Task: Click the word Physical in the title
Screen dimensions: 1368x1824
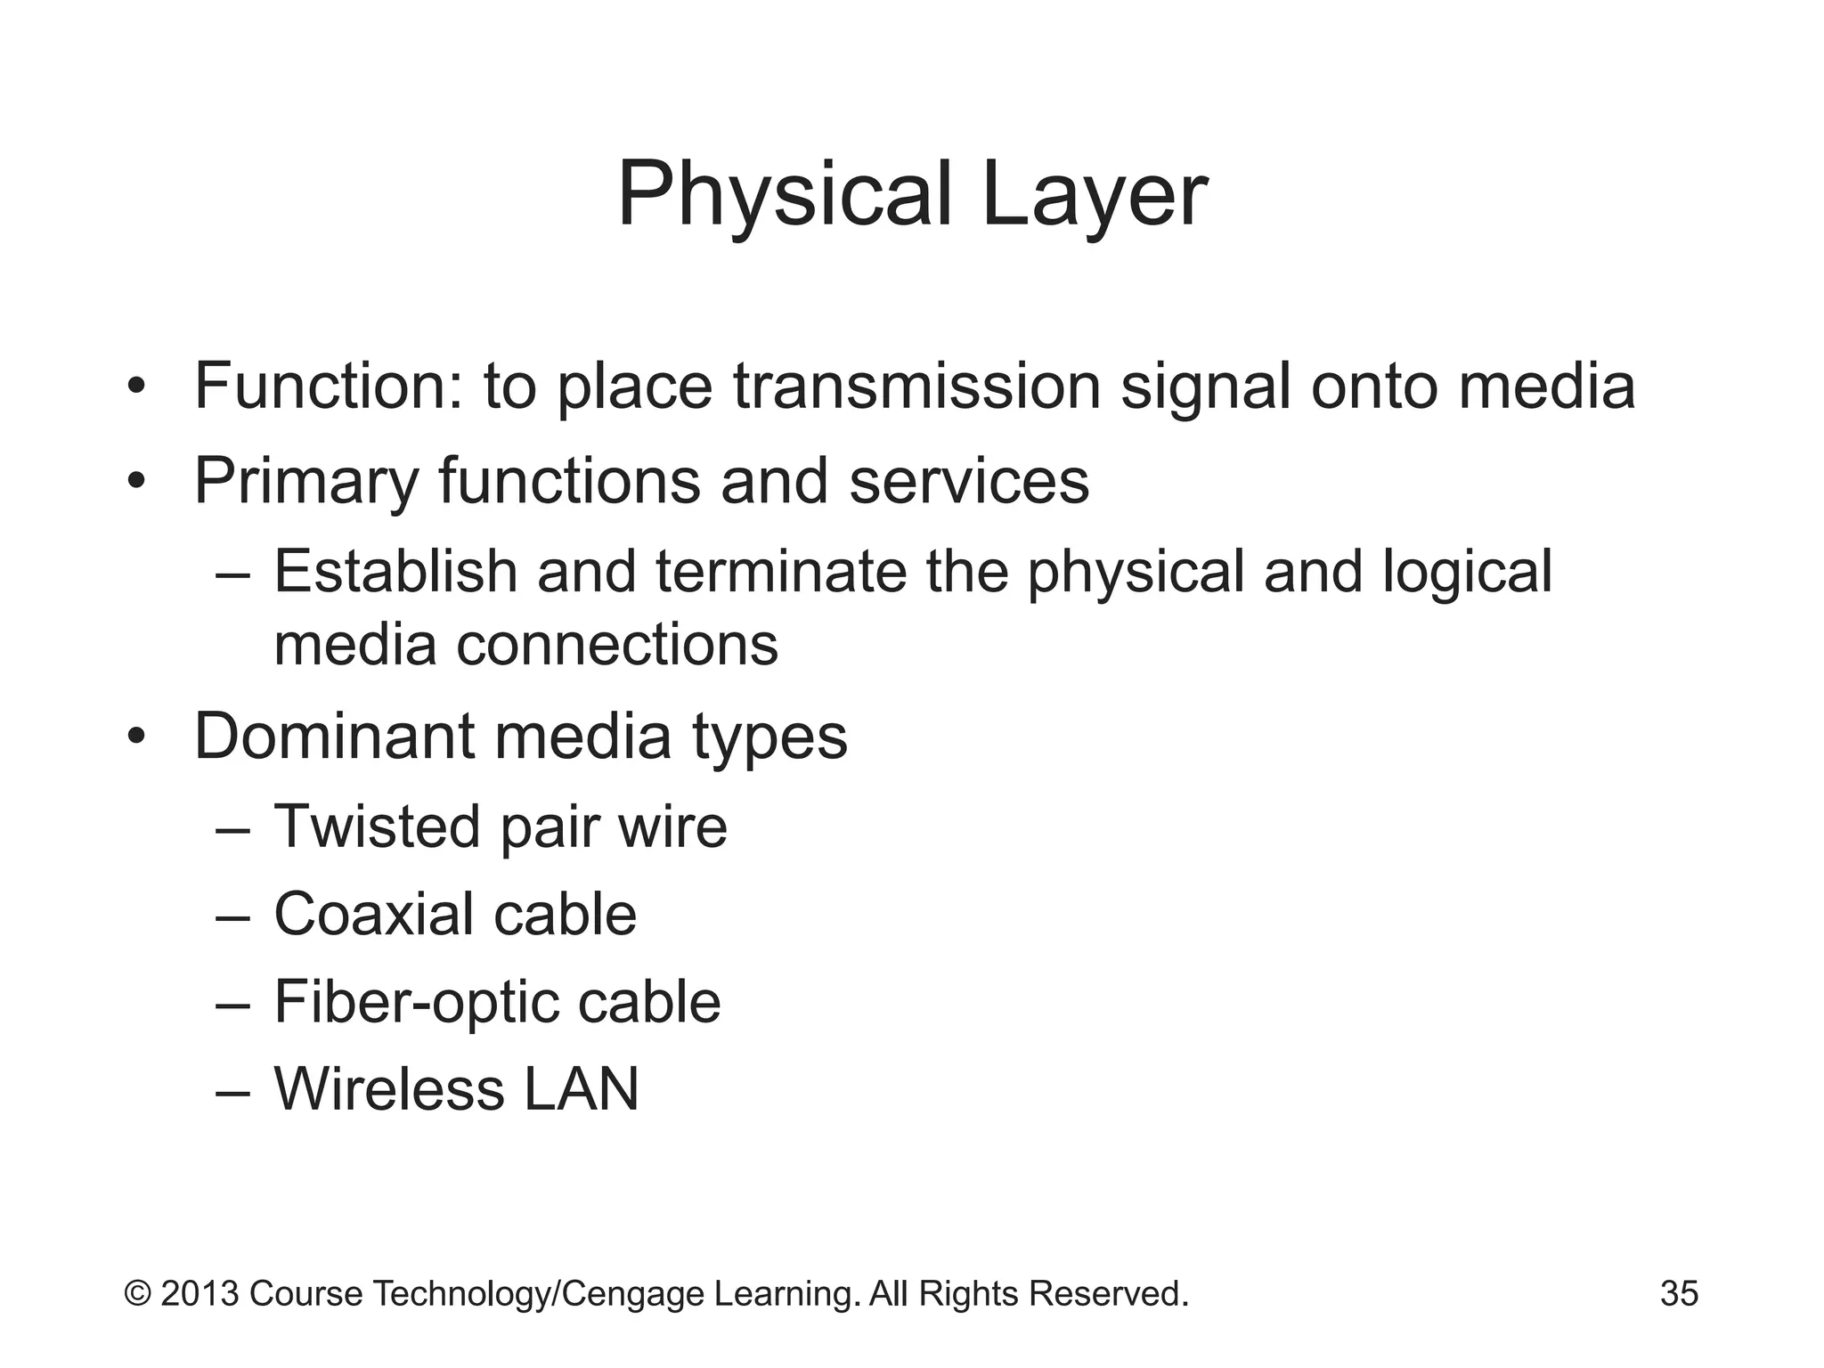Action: pos(785,194)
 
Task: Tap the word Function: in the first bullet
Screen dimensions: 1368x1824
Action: pos(329,387)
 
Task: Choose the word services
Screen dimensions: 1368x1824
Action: pos(969,482)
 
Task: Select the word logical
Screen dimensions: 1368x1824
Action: pos(1467,572)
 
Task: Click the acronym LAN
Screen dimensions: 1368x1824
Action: pos(581,1089)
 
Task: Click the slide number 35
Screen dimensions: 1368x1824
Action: pos(1679,1293)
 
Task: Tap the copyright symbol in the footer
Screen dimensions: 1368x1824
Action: pos(137,1293)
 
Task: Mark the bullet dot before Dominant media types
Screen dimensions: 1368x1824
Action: pos(135,737)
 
